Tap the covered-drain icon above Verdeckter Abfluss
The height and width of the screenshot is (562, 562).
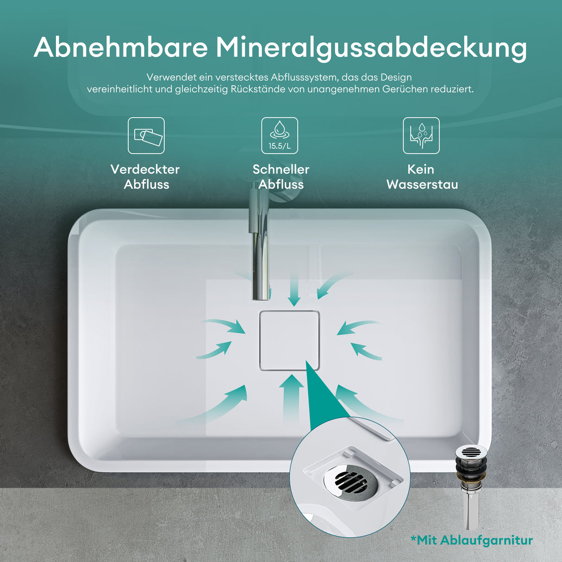pos(146,136)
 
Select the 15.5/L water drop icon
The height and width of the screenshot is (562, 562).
pos(280,136)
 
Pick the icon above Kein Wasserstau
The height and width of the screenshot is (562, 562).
pos(421,136)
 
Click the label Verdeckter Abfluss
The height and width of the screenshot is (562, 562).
pos(145,177)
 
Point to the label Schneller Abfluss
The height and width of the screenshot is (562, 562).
pos(281,177)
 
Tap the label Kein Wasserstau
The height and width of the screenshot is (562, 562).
pos(422,177)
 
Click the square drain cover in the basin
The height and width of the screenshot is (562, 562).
pos(289,340)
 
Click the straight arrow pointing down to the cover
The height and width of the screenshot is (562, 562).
pos(293,289)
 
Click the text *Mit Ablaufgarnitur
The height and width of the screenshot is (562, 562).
pos(471,540)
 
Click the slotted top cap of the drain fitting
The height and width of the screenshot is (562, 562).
pos(471,451)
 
